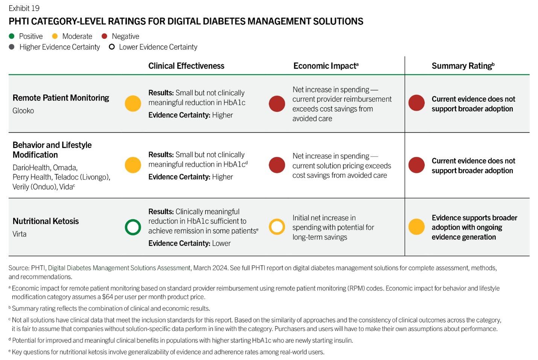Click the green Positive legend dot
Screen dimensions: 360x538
(x=12, y=36)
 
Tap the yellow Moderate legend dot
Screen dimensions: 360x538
(x=55, y=36)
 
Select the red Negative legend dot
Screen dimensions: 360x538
(x=105, y=36)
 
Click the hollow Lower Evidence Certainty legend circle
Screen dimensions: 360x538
(x=112, y=47)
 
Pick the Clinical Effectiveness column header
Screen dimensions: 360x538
(x=186, y=66)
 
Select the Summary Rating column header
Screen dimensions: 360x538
(x=463, y=66)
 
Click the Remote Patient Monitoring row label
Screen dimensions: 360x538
(x=61, y=98)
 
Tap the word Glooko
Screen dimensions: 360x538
(x=23, y=111)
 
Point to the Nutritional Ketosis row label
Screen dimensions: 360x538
(x=46, y=221)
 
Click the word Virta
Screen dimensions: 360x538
(x=20, y=234)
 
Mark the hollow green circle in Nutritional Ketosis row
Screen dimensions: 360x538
(x=133, y=227)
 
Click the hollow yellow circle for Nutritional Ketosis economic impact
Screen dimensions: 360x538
(x=277, y=227)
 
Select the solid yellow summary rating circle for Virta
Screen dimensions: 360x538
(x=416, y=227)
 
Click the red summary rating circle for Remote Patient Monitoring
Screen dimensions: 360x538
(x=416, y=103)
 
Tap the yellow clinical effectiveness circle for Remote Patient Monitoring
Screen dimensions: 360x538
(x=133, y=103)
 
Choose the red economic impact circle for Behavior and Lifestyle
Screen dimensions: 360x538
(x=277, y=165)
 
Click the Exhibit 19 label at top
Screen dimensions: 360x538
(x=24, y=8)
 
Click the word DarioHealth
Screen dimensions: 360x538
(x=31, y=168)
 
